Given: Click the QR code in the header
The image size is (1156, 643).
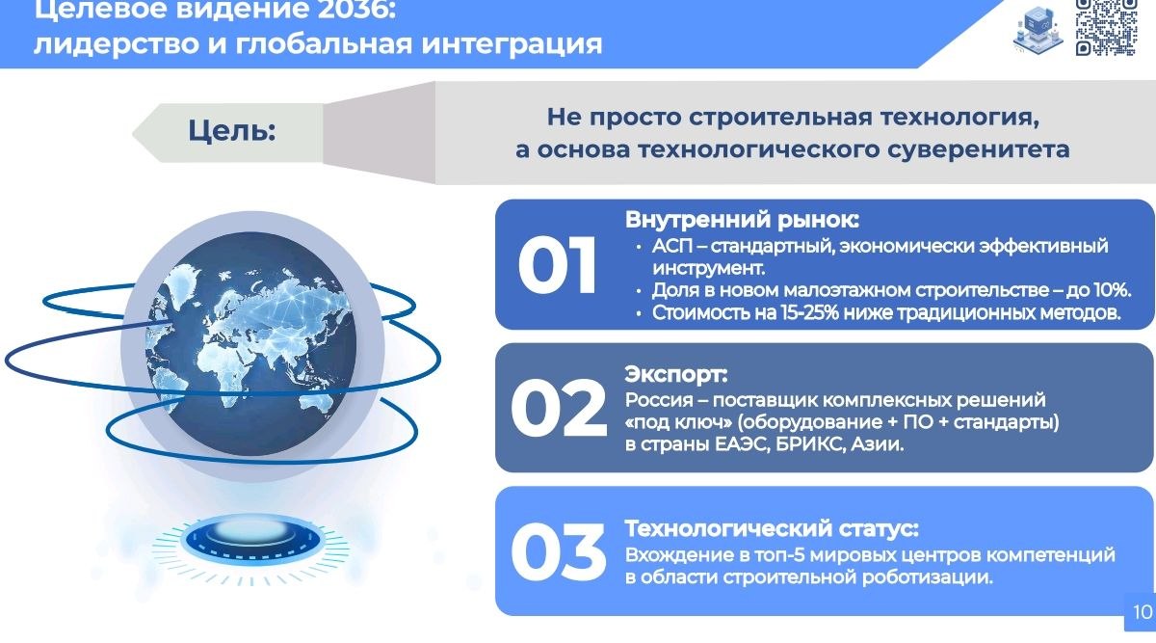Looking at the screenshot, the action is pos(1106,27).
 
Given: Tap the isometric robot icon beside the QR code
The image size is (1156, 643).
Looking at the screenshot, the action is pos(1038,29).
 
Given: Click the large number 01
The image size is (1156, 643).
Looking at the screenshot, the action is pos(558,265).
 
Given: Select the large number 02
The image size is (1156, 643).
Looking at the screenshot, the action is pos(559,409).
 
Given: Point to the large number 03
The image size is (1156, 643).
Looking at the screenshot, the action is pos(558,551).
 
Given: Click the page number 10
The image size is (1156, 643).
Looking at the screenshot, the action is pos(1143,612).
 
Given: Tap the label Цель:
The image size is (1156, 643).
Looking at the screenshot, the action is pos(232,130).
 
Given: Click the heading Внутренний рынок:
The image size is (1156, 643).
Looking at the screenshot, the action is pos(742,220).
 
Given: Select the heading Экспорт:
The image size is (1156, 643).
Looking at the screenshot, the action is pos(676,374).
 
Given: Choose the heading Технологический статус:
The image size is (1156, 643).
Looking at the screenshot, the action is pos(772,528).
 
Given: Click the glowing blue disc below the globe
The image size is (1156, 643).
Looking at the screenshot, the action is pos(250,540).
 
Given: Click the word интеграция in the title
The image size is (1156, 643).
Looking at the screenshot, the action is pos(512,44).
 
